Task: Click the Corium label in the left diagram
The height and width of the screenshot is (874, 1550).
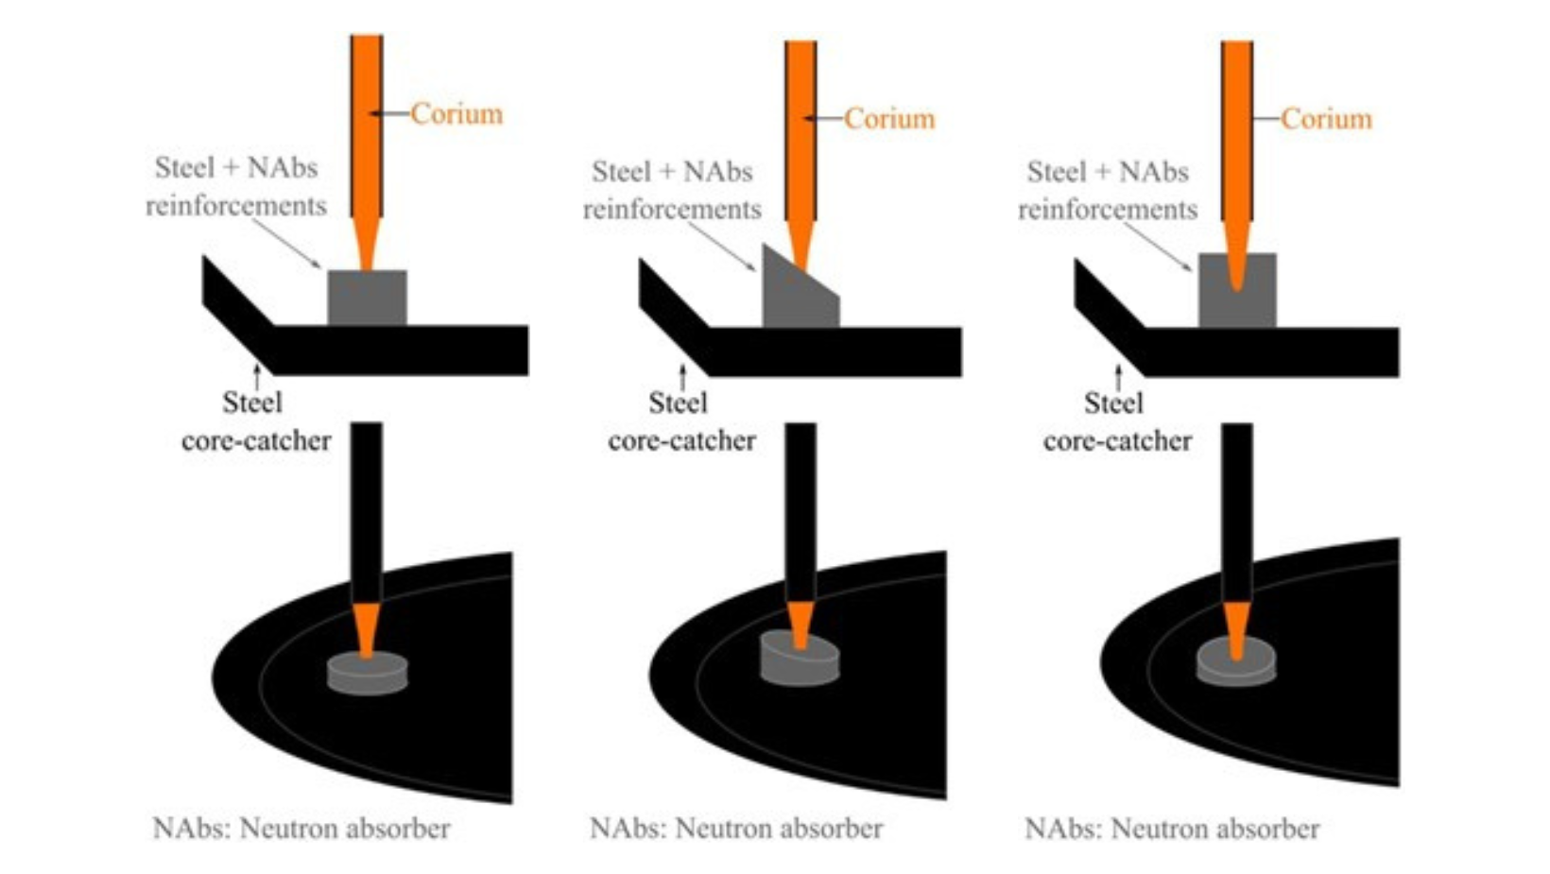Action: tap(456, 114)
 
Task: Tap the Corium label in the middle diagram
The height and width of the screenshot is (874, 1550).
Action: tap(889, 119)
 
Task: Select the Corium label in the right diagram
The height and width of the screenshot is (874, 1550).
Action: tap(1327, 119)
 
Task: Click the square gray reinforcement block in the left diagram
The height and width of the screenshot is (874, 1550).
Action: tap(367, 298)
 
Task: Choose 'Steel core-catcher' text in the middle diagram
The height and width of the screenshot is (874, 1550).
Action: tap(681, 421)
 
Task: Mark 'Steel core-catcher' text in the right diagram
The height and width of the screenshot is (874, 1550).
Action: tap(1117, 421)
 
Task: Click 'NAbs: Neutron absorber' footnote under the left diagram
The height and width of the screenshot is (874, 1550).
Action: tap(301, 829)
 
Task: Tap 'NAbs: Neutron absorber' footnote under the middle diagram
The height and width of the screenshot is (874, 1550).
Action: tap(736, 829)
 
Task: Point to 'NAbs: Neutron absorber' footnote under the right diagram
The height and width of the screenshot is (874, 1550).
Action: tap(1172, 829)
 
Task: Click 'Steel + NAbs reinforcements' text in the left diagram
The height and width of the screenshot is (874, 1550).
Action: tap(236, 187)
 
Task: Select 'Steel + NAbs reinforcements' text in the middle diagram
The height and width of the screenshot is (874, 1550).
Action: tap(672, 190)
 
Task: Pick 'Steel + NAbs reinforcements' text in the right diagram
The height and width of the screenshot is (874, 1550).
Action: tap(1108, 190)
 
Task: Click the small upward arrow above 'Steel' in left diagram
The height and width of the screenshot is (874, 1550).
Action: tap(257, 377)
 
